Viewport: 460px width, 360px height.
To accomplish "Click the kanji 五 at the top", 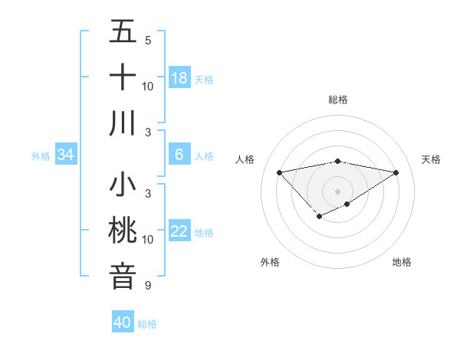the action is [123, 32].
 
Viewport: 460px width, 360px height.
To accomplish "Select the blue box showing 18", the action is [179, 78].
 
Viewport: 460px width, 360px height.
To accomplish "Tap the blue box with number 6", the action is [179, 155].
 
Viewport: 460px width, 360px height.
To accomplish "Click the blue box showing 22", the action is [179, 231].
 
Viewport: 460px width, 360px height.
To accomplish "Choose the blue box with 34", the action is [66, 155].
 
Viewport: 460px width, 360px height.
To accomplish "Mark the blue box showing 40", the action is [123, 322].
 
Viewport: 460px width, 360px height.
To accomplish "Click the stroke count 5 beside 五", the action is [147, 40].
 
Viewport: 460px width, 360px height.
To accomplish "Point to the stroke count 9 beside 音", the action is [147, 286].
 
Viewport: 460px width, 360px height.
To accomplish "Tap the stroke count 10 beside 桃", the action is [148, 239].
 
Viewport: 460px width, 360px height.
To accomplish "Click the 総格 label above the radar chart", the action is [338, 100].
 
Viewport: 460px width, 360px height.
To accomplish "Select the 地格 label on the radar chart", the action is [402, 262].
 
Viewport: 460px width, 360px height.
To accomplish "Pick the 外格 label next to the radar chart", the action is [270, 262].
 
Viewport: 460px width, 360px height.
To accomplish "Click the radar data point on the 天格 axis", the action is [396, 172].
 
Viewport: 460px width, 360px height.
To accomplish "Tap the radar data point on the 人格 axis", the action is [279, 172].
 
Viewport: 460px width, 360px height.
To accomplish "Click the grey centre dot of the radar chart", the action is [337, 191].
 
